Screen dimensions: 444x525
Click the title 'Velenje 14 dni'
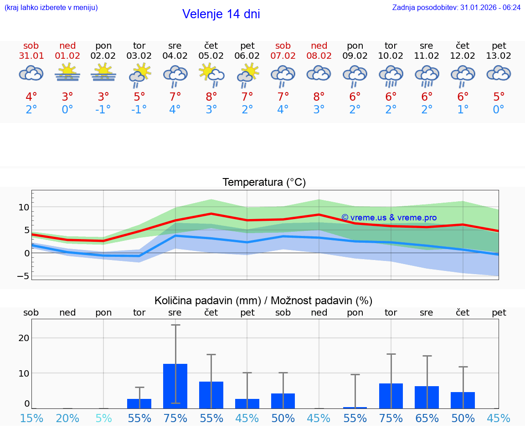(221, 14)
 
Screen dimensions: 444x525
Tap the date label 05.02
(211, 56)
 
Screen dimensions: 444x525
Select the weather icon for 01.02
(67, 73)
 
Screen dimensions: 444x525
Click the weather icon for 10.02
(391, 75)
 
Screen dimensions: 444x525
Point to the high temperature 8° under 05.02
(211, 97)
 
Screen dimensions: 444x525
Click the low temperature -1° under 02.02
(103, 110)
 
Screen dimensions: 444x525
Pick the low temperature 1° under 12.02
(463, 110)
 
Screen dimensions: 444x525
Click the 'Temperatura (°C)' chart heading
(264, 183)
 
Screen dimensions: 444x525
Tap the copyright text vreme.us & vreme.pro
(389, 218)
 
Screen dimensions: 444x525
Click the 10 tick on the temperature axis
(24, 207)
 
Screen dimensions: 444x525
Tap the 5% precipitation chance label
(103, 418)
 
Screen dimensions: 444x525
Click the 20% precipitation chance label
(67, 418)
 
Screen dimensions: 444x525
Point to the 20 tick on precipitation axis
(24, 338)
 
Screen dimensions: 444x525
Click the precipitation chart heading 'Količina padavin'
(263, 301)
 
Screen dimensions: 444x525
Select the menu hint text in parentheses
(51, 7)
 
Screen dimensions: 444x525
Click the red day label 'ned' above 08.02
(319, 46)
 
